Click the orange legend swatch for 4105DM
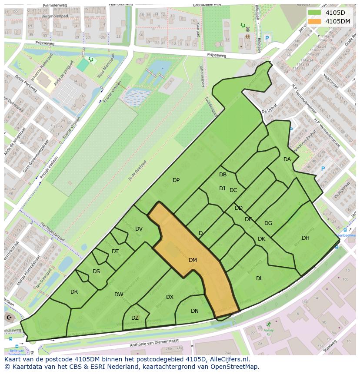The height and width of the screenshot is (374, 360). tap(315, 21)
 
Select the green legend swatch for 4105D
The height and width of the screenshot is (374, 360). tap(315, 12)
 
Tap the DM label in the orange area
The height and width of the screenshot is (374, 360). tap(193, 260)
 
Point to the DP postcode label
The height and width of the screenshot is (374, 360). tap(176, 180)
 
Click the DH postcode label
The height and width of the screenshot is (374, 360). tap(306, 238)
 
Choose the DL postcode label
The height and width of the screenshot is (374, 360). tap(260, 278)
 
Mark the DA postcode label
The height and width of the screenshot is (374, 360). tap(287, 159)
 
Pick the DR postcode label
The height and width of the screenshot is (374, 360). tap(74, 292)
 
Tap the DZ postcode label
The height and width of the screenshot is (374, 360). tap(135, 318)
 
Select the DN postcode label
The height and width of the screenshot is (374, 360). tap(195, 311)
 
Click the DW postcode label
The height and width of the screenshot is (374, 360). tap(119, 295)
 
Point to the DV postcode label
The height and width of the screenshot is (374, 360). tap(139, 229)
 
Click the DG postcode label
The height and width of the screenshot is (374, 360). tap(268, 223)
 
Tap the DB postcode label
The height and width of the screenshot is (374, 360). tap(223, 175)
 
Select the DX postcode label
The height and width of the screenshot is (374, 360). tap(170, 297)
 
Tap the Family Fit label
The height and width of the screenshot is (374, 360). tap(268, 332)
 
